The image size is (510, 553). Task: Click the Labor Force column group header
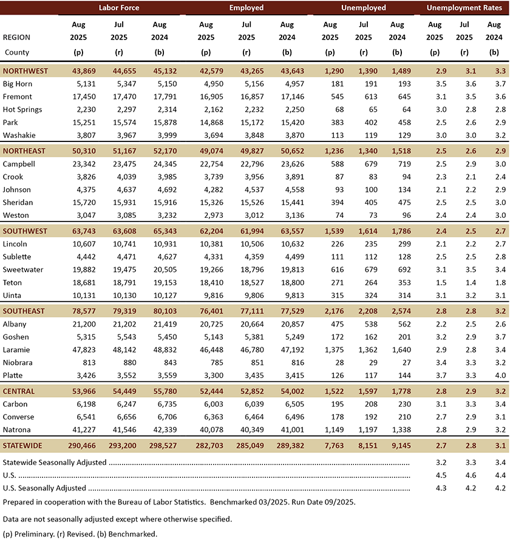point(120,8)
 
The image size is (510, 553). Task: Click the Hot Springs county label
point(22,109)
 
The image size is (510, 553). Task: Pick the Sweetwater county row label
point(23,270)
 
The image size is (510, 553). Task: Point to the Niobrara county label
point(19,362)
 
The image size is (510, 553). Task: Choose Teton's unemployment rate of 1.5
point(435,282)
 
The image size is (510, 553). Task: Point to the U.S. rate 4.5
point(435,475)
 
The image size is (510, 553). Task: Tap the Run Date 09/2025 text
point(331,502)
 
